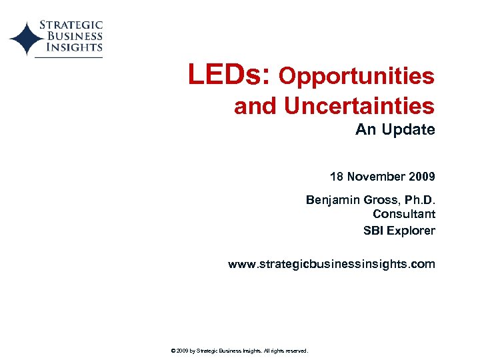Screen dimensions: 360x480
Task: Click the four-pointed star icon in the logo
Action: (x=25, y=39)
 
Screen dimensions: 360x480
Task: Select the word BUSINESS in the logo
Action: (x=73, y=36)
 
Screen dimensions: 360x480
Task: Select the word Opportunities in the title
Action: (x=357, y=77)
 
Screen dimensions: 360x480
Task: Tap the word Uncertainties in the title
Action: (x=359, y=106)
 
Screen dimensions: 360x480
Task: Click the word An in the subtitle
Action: (x=365, y=129)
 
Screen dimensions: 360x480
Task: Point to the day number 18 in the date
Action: (x=337, y=177)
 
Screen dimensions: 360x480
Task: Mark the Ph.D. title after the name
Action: (x=418, y=199)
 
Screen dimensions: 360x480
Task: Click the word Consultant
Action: (x=404, y=214)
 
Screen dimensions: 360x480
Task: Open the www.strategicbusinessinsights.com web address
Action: (x=331, y=264)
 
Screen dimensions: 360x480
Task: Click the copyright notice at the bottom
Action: (x=239, y=350)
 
